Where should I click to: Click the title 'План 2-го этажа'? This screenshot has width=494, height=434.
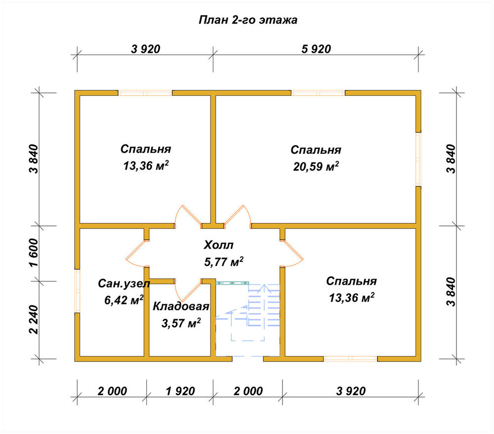click(248, 20)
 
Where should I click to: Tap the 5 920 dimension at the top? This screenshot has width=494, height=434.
click(316, 49)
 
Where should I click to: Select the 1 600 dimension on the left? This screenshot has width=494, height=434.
click(34, 253)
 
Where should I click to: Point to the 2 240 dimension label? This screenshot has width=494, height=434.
click(34, 320)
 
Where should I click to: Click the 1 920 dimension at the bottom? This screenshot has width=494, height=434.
click(180, 391)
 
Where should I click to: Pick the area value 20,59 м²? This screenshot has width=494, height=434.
click(316, 166)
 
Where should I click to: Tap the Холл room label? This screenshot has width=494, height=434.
click(218, 245)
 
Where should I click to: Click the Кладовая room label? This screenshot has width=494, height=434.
click(181, 306)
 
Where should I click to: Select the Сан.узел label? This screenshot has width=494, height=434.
click(124, 284)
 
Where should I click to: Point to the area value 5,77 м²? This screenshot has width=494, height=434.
click(224, 262)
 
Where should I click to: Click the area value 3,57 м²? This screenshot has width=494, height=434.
click(181, 323)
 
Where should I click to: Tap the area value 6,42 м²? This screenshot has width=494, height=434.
click(124, 300)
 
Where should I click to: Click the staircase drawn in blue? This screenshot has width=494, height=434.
click(248, 319)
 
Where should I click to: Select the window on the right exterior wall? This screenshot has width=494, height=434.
click(418, 159)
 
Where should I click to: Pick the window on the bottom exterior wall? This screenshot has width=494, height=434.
click(350, 359)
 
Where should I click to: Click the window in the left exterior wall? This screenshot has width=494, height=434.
click(78, 291)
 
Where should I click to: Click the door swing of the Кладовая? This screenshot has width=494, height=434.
click(188, 290)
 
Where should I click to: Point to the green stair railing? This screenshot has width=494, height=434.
click(232, 283)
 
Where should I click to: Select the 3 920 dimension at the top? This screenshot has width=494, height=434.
click(146, 49)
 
